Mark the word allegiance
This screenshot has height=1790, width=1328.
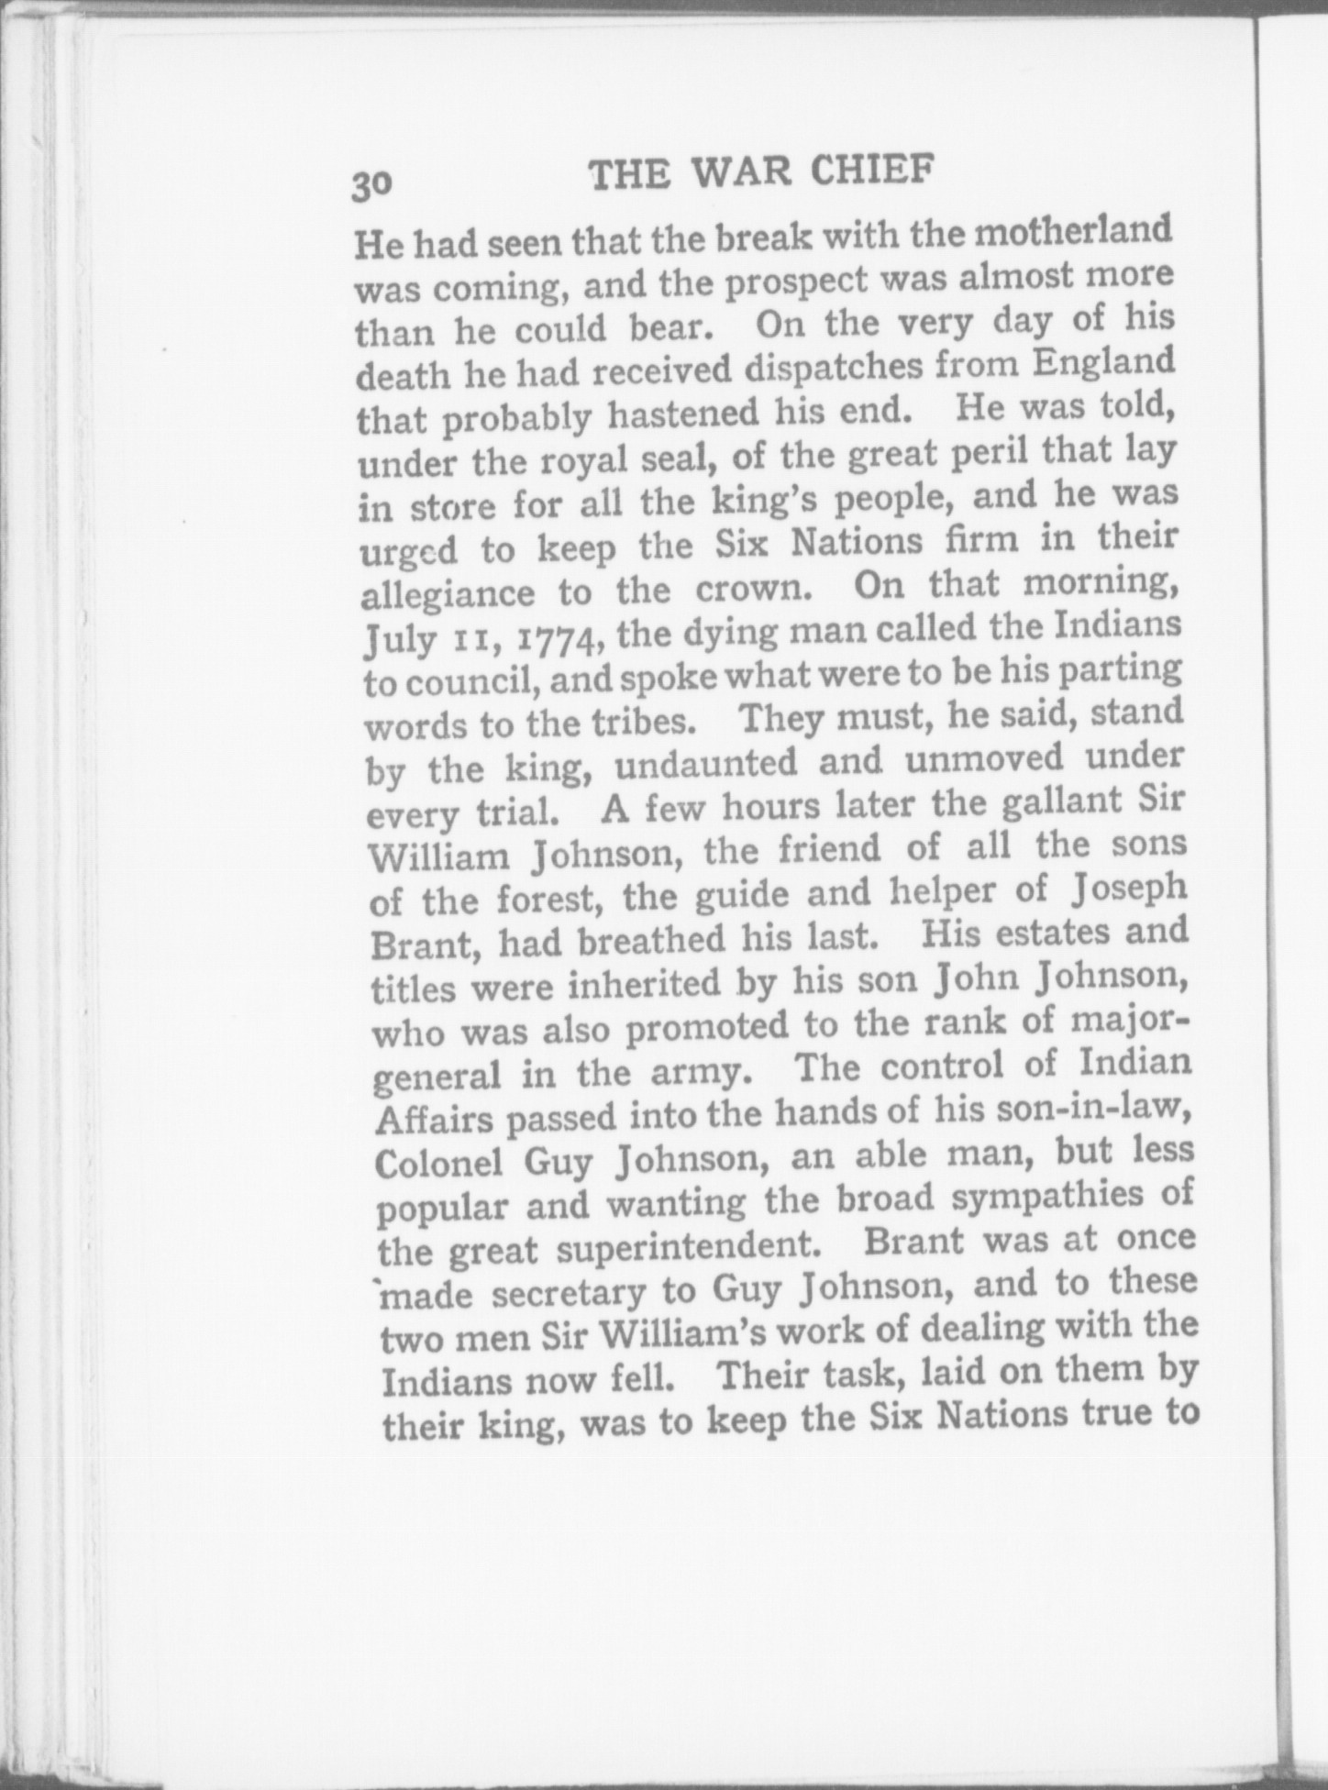point(448,594)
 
